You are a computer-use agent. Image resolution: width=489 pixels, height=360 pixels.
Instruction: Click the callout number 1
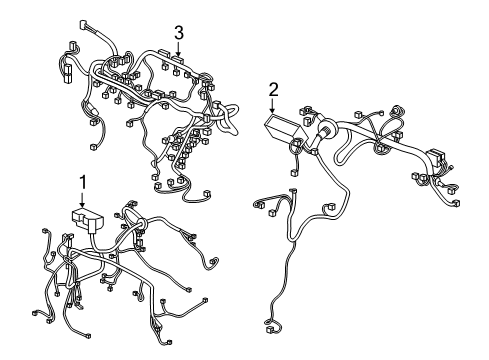pyautogui.click(x=83, y=181)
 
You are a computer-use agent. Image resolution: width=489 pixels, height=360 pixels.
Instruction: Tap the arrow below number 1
pyautogui.click(x=83, y=199)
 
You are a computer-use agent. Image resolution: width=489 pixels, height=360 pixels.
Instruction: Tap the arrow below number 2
pyautogui.click(x=273, y=109)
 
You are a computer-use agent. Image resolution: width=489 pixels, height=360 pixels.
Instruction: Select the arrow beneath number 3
pyautogui.click(x=178, y=50)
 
